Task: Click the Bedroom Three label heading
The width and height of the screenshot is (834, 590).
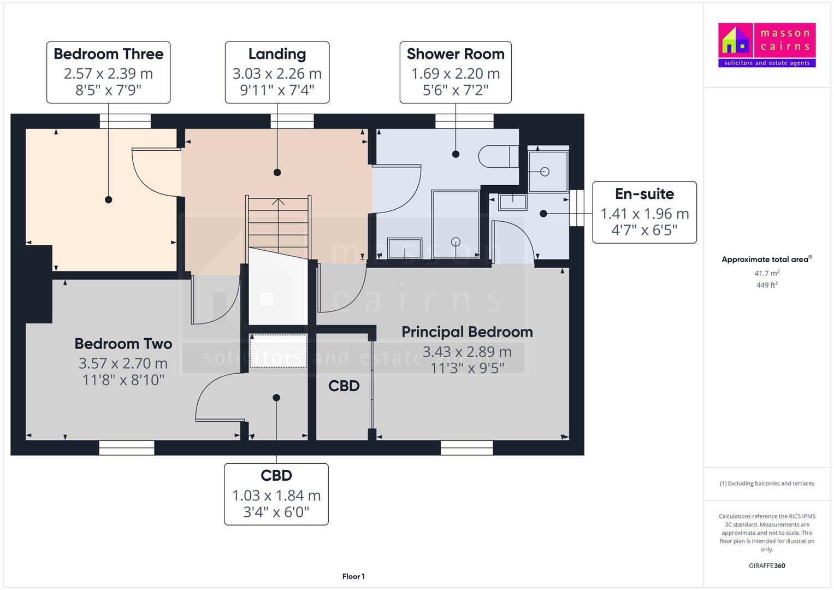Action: (x=108, y=54)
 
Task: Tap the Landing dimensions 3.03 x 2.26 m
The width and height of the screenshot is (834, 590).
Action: (x=277, y=74)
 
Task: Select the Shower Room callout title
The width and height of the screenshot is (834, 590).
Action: (x=456, y=54)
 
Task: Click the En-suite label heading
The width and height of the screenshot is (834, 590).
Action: (x=644, y=194)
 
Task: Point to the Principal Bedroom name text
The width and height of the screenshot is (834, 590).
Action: (x=467, y=332)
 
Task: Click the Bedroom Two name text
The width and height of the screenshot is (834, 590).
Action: (x=123, y=344)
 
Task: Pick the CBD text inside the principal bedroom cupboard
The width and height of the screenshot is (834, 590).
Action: (x=344, y=386)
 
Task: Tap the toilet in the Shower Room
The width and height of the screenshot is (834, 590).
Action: (x=498, y=157)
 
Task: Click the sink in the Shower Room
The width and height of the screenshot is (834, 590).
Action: (x=405, y=248)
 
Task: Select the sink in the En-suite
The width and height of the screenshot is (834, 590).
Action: (x=512, y=202)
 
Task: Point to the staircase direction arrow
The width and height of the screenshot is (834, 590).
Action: (x=279, y=201)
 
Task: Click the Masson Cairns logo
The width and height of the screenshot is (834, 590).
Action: (x=767, y=45)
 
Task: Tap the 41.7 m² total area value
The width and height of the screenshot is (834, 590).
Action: (x=767, y=273)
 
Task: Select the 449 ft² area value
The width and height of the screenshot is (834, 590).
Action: (x=767, y=285)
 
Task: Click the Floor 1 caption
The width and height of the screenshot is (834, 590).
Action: (x=353, y=576)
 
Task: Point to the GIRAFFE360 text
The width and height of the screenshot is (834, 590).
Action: (x=767, y=566)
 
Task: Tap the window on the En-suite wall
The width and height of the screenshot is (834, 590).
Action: (x=577, y=208)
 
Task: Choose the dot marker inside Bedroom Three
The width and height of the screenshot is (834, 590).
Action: (x=109, y=200)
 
